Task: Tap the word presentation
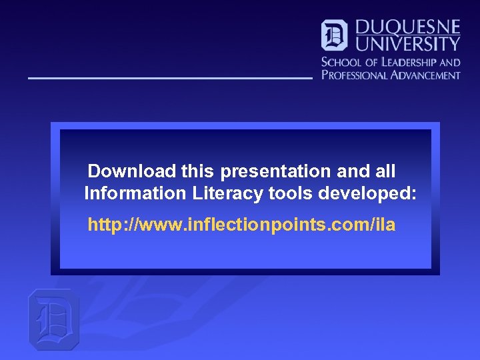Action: (x=276, y=171)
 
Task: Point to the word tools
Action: (x=290, y=193)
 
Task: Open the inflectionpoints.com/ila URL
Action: (x=241, y=225)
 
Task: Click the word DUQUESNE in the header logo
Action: (x=407, y=27)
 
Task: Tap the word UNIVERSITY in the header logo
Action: (x=407, y=44)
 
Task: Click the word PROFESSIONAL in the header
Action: (x=353, y=75)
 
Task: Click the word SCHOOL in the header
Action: (x=339, y=62)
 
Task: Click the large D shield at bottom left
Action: (x=53, y=320)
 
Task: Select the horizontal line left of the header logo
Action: (x=170, y=79)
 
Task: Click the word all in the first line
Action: (x=385, y=171)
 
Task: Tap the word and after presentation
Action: (x=353, y=171)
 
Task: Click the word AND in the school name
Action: (x=449, y=62)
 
